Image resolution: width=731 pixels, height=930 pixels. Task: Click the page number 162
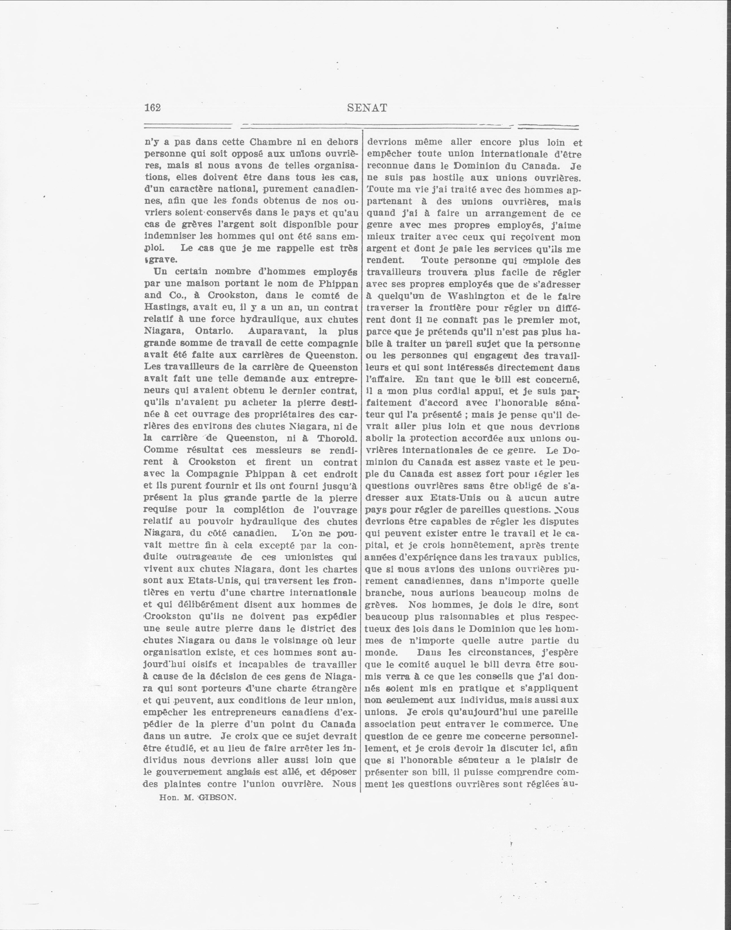tap(152, 108)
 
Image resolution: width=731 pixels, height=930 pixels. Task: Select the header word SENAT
tap(367, 108)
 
